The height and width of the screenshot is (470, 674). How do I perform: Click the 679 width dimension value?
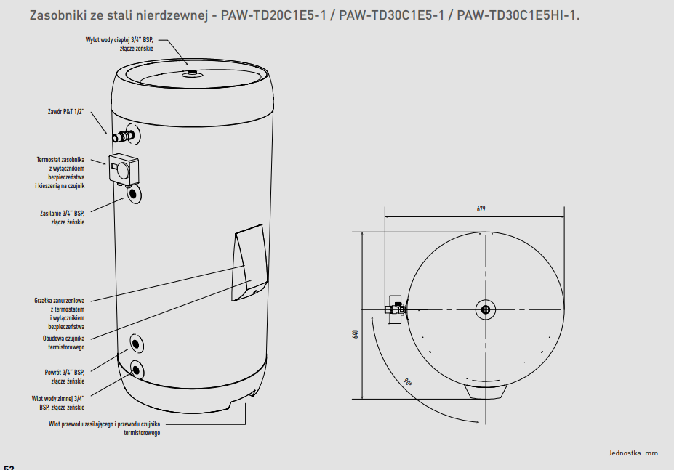(481, 209)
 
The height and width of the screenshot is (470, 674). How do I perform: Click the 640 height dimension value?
(356, 334)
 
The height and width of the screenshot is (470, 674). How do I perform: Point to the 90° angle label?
(408, 382)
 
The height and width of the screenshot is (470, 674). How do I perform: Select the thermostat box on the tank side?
(124, 169)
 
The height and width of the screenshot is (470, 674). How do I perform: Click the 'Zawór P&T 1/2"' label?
(65, 112)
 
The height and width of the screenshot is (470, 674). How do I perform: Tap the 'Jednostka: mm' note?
(633, 453)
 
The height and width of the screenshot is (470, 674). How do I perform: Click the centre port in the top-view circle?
(486, 309)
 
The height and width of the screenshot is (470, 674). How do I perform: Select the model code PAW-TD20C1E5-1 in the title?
(273, 15)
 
